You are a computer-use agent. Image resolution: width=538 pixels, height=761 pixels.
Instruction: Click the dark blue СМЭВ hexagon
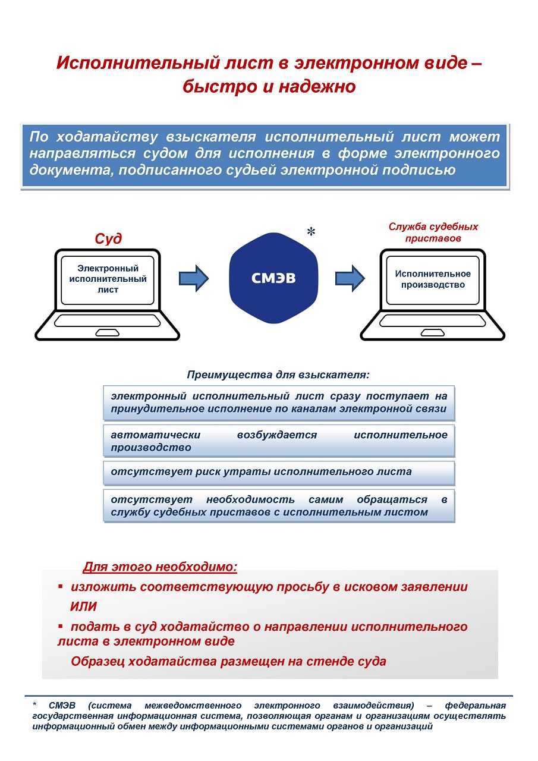[x=273, y=278]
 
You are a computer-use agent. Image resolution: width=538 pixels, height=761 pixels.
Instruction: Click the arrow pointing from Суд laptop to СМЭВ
[x=193, y=278]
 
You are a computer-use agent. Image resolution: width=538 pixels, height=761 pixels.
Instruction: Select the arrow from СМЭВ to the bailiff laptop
[x=350, y=278]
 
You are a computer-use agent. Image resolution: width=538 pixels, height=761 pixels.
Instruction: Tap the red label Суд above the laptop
[x=108, y=238]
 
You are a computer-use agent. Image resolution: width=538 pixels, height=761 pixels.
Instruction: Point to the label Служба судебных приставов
[x=433, y=232]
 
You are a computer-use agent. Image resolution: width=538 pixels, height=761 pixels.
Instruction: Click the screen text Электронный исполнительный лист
[x=108, y=279]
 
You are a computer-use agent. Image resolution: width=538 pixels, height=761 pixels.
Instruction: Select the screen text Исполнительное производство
[x=433, y=279]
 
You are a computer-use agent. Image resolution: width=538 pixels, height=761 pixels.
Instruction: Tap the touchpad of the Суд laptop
[x=108, y=331]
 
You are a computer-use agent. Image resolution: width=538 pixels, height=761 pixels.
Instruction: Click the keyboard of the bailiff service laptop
[x=433, y=321]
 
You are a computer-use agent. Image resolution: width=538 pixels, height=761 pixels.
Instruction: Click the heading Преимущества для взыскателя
[x=278, y=375]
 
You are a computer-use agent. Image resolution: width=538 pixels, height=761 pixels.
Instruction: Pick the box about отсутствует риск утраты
[x=278, y=473]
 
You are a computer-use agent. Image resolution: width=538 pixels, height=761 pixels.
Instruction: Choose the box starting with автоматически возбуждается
[x=278, y=441]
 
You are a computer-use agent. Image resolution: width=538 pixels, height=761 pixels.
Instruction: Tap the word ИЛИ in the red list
[x=83, y=607]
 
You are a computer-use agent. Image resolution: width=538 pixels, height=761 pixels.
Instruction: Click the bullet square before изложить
[x=60, y=587]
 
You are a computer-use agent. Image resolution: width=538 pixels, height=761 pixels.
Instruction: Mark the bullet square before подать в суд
[x=60, y=627]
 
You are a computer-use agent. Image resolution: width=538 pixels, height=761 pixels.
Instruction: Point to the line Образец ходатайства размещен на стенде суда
[x=228, y=661]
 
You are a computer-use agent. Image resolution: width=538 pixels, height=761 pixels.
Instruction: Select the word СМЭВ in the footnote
[x=61, y=706]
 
